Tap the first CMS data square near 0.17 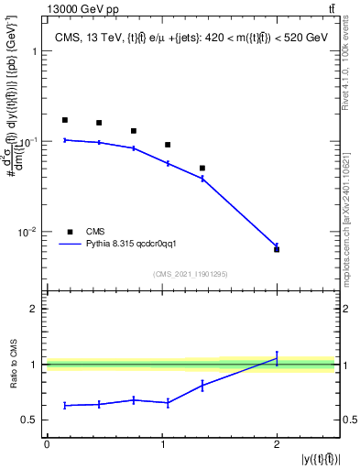[x=65, y=120]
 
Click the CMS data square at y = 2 [x=277, y=249]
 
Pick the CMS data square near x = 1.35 [x=202, y=169]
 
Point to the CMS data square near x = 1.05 [x=168, y=145]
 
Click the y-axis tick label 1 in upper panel [x=34, y=52]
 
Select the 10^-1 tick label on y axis [x=27, y=142]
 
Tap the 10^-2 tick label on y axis [x=27, y=233]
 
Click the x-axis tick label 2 [x=277, y=444]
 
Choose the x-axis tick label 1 [x=162, y=444]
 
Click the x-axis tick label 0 [x=47, y=444]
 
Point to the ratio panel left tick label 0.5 [x=29, y=420]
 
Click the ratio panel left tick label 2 [x=34, y=310]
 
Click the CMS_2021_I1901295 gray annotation [x=190, y=274]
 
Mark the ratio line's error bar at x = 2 [x=277, y=359]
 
